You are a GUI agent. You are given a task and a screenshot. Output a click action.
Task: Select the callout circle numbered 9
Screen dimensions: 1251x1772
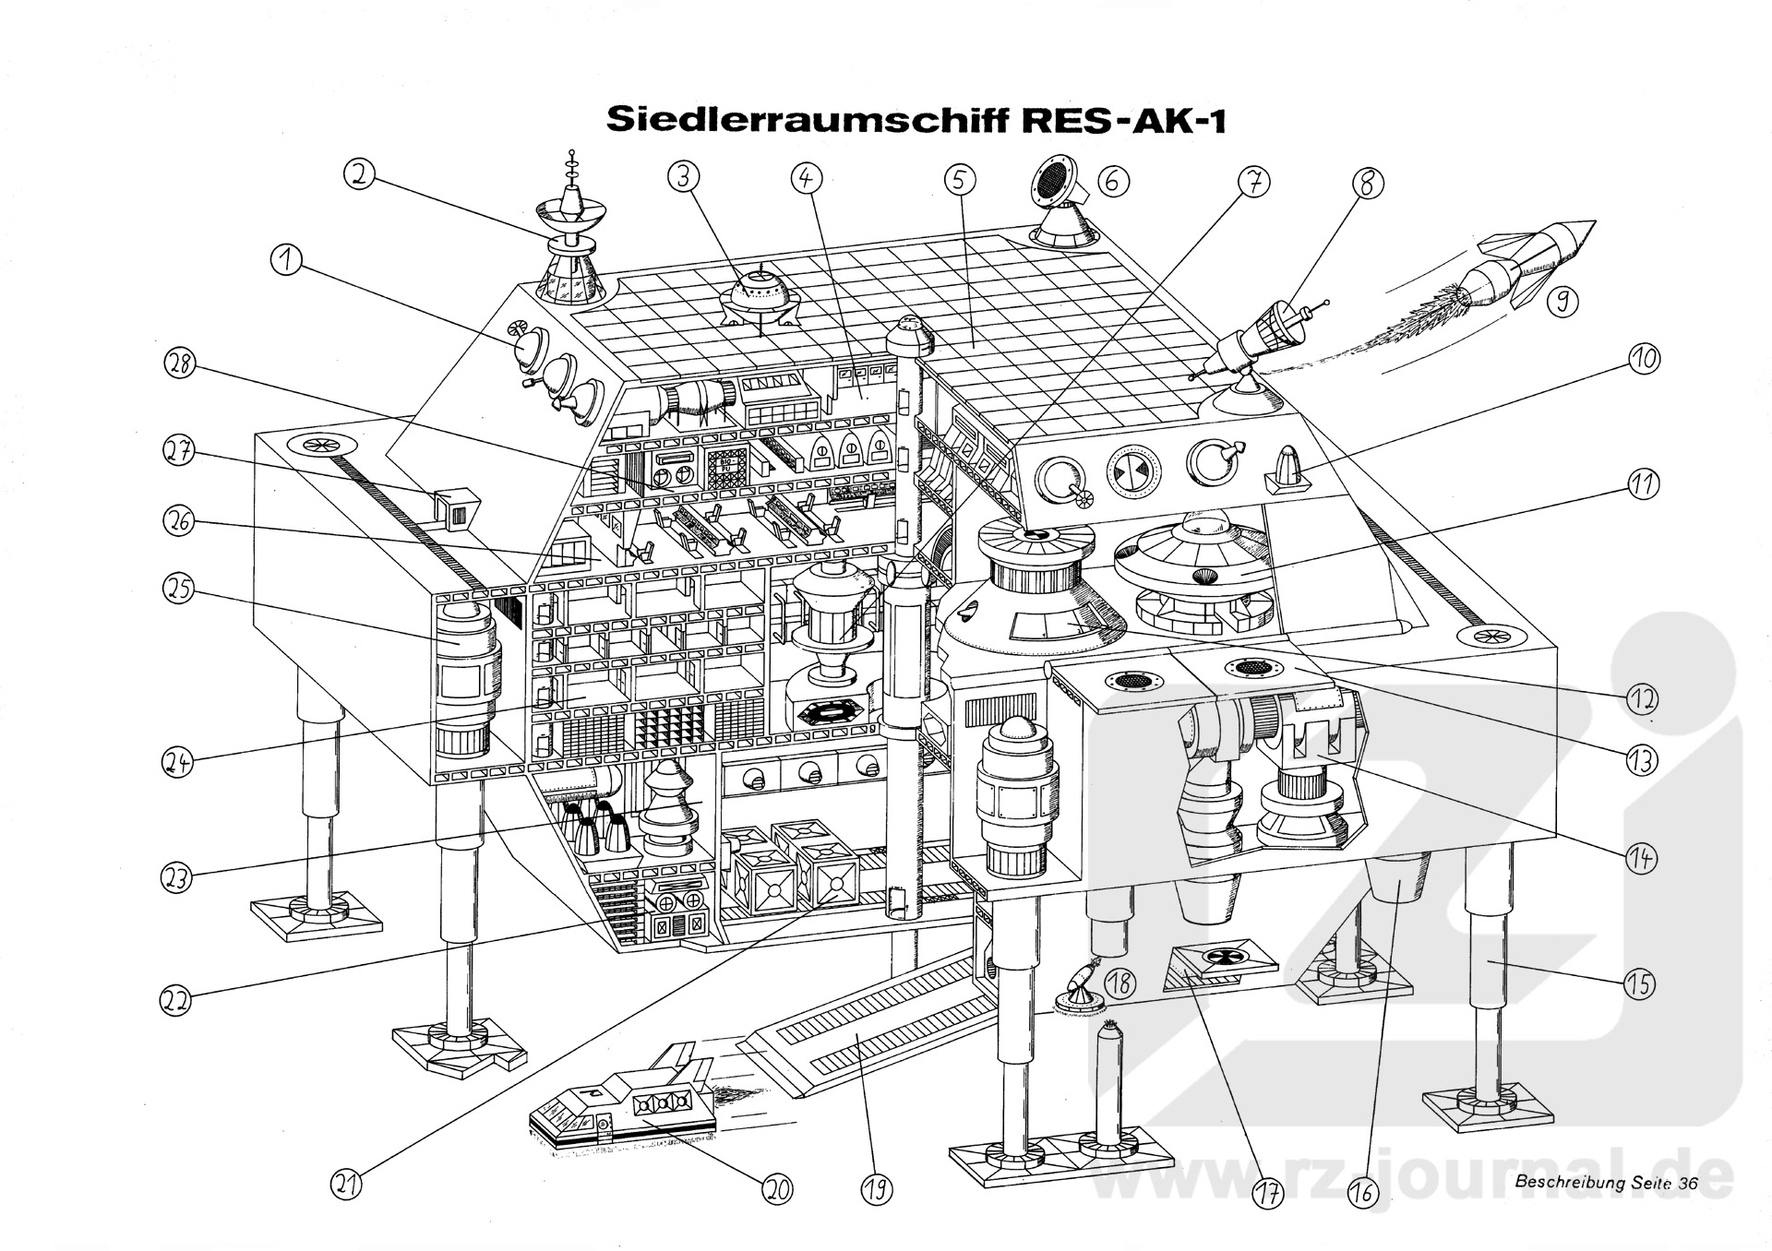1561,301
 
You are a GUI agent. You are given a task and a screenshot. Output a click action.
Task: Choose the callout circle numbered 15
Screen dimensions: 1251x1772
1638,984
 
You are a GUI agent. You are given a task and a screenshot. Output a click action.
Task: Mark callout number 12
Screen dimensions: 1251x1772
1642,698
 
